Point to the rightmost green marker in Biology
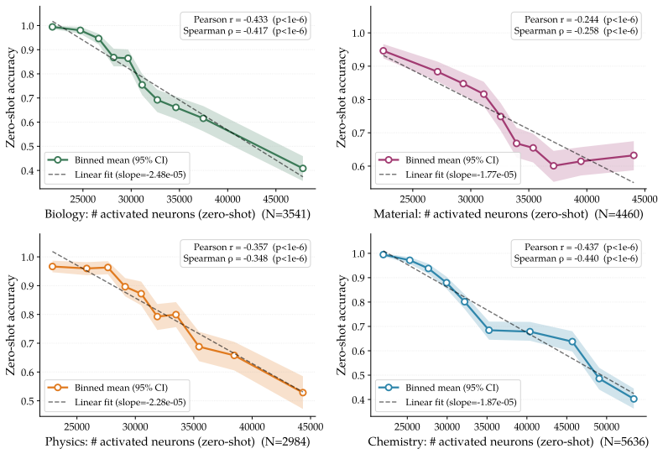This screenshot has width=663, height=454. (x=303, y=168)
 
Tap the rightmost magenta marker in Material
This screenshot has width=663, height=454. (x=634, y=155)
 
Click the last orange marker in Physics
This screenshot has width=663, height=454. (x=303, y=393)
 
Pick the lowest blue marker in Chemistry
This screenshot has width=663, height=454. (x=634, y=399)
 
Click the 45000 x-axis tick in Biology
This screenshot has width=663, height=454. (x=275, y=200)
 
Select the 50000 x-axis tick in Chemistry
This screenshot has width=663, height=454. (x=606, y=427)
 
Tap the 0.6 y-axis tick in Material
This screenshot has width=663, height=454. (x=358, y=166)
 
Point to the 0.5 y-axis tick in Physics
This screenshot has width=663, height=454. (x=28, y=401)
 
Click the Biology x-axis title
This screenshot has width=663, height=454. (x=178, y=214)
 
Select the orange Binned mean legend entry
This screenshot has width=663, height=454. (x=107, y=388)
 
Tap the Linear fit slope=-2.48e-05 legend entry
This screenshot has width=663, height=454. (x=117, y=175)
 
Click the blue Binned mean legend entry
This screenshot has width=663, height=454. (x=439, y=388)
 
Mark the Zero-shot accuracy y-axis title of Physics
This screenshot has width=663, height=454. (x=11, y=325)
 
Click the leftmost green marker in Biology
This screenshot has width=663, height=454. (x=52, y=27)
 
